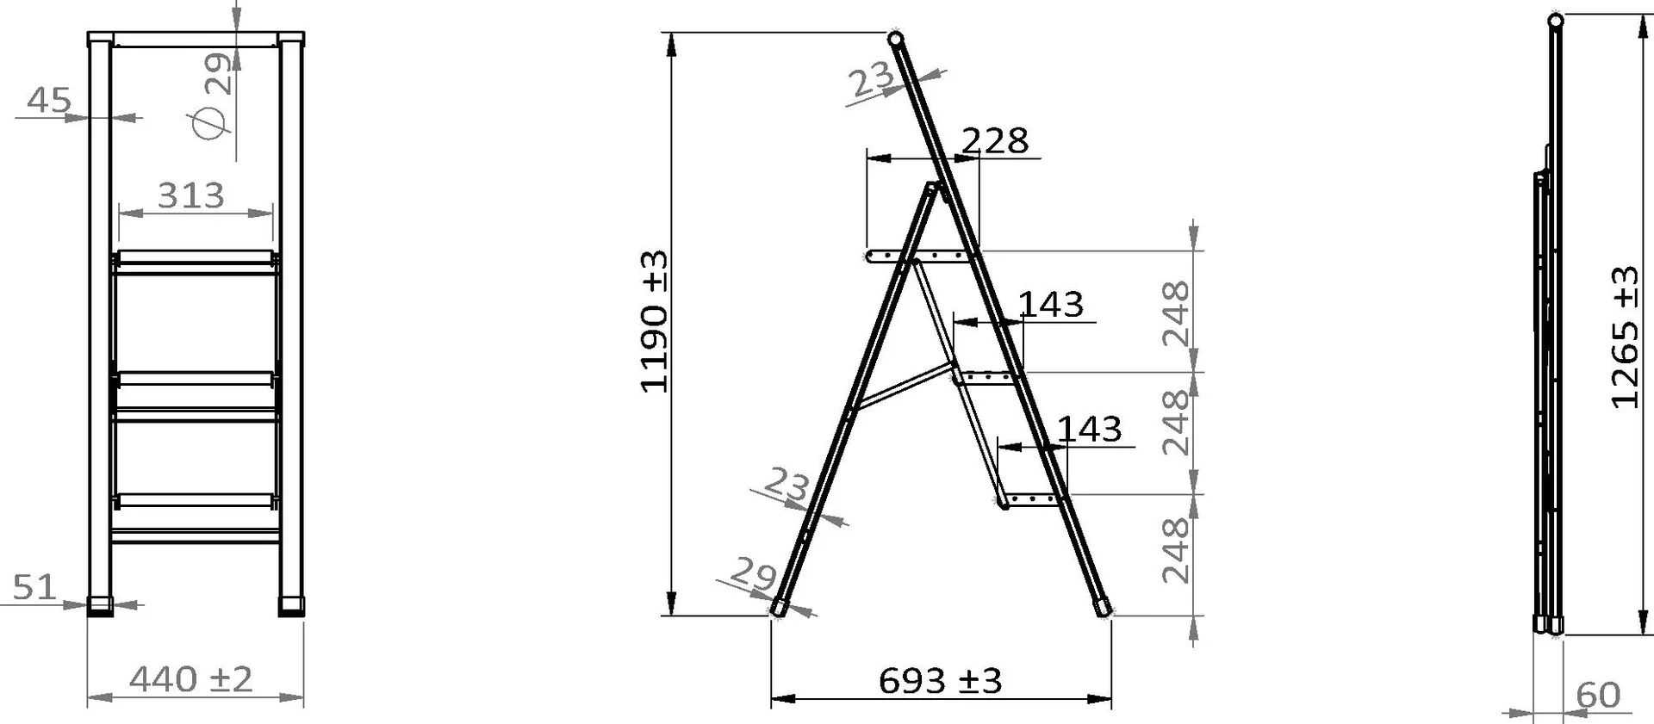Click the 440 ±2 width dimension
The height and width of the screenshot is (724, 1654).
(x=191, y=680)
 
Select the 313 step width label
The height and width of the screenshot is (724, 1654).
(x=191, y=196)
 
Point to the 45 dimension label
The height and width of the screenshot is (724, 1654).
(x=48, y=101)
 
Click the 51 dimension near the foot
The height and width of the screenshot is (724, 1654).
(x=34, y=588)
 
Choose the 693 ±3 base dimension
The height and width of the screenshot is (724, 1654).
(x=940, y=682)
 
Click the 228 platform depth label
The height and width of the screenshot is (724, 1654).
(x=994, y=141)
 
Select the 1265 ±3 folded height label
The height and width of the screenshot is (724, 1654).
(x=1625, y=337)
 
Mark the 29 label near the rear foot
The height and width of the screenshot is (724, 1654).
(x=753, y=573)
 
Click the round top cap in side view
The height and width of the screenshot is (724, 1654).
(x=895, y=39)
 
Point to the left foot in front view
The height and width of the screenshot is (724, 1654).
(x=100, y=606)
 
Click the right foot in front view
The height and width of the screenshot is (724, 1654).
(x=292, y=606)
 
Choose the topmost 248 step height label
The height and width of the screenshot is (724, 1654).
(x=1176, y=313)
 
